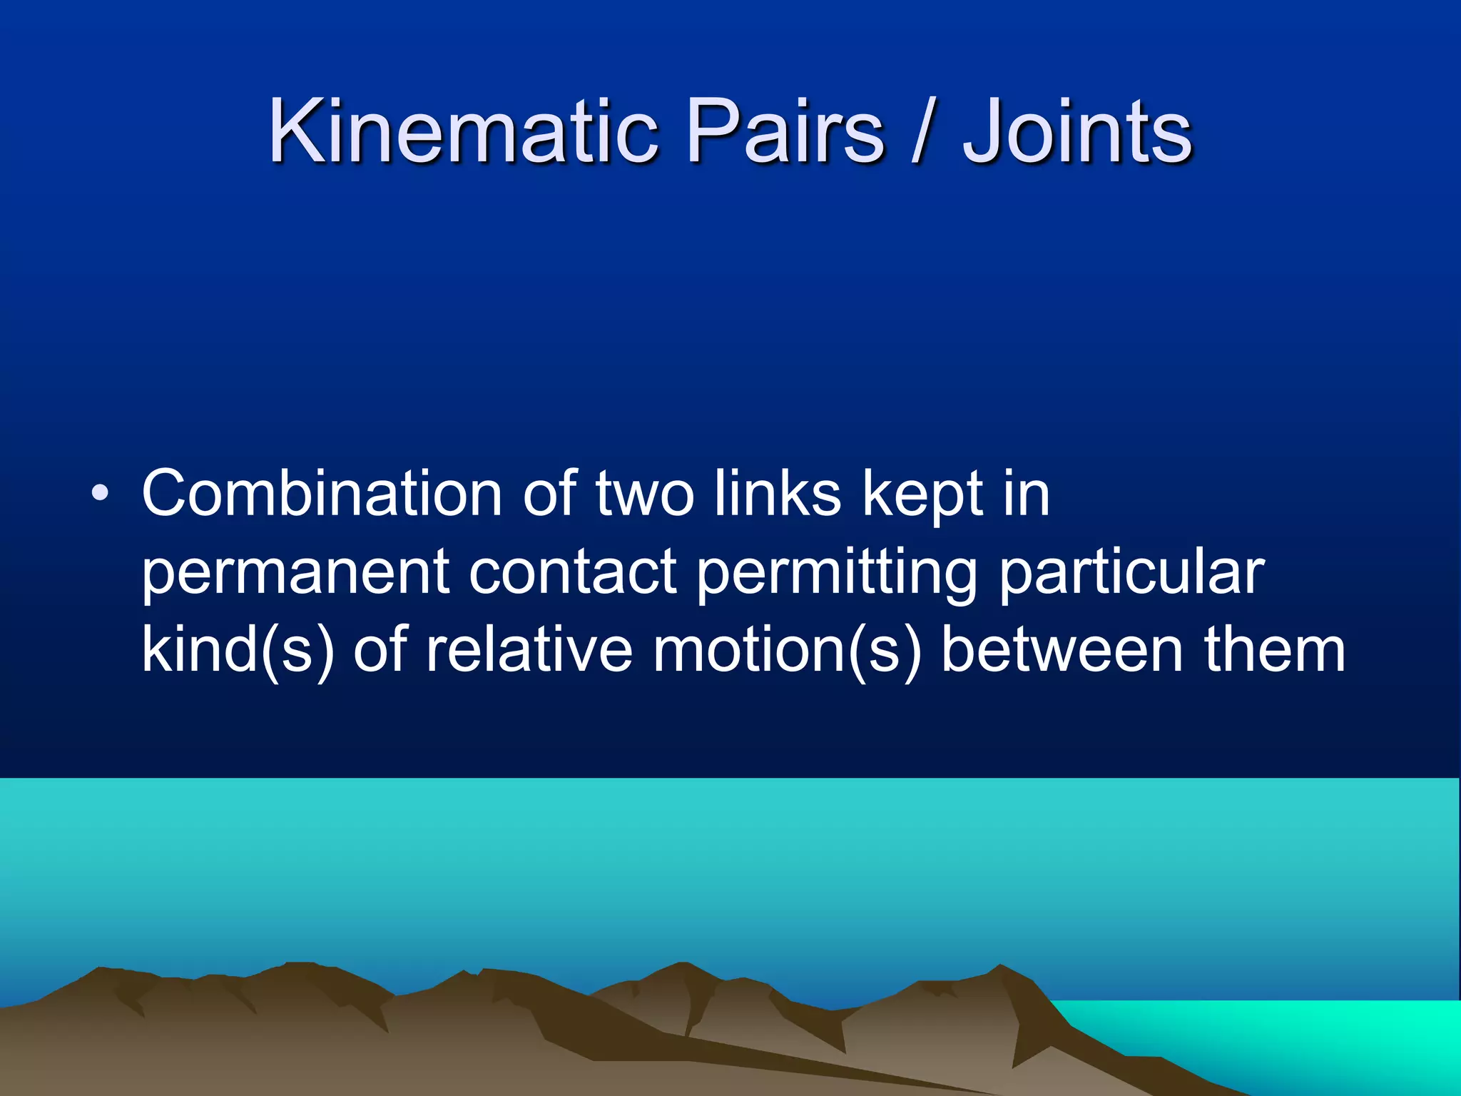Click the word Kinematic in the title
click(462, 131)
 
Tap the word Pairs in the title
click(785, 131)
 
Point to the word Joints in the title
click(1077, 131)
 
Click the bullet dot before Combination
click(101, 494)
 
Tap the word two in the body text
click(644, 494)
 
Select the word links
click(778, 494)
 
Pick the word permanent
click(295, 572)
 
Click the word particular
click(1131, 572)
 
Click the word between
click(1063, 650)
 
